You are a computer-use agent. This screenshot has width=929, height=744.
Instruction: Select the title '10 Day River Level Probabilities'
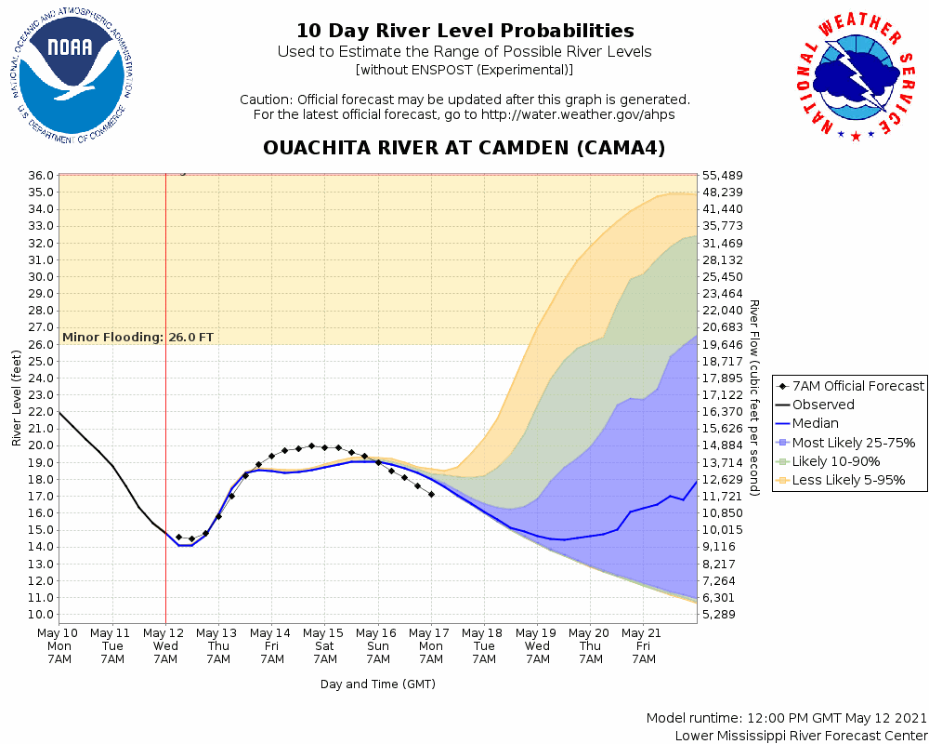click(x=464, y=32)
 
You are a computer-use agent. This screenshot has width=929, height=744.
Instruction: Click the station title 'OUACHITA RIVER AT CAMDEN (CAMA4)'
click(x=464, y=149)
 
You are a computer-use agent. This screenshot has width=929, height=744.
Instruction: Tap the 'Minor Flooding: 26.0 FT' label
click(x=138, y=337)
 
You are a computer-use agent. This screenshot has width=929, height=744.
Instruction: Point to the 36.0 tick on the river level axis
click(x=39, y=175)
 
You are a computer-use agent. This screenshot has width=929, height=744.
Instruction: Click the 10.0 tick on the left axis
click(x=39, y=615)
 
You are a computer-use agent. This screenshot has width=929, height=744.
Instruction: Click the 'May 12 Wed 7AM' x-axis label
click(x=165, y=645)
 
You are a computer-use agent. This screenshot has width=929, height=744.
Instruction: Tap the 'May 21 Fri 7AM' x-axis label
click(x=644, y=645)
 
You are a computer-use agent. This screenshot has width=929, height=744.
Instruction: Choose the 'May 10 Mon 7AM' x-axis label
click(x=59, y=645)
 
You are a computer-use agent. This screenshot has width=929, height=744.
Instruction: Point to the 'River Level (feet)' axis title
click(x=17, y=397)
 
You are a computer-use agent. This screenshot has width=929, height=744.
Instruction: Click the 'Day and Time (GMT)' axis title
click(x=378, y=684)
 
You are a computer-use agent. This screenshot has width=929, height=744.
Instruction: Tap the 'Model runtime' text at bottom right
click(x=787, y=719)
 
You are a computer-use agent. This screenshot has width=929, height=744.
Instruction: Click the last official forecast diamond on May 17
click(x=431, y=494)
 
